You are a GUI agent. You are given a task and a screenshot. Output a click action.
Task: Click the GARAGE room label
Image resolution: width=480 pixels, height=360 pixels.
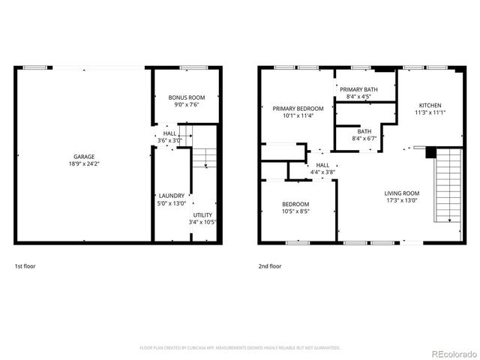84,156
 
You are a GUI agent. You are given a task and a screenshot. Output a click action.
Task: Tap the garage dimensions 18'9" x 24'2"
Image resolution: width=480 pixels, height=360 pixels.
84,163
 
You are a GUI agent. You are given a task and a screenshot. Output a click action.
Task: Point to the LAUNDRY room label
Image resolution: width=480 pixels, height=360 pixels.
171,196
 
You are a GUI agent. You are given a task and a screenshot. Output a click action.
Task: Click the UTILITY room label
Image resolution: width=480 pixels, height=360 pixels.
202,215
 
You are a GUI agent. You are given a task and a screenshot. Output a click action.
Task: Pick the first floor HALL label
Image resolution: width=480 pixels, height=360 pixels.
170,133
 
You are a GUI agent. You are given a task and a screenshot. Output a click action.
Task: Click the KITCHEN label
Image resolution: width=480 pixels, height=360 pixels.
430,106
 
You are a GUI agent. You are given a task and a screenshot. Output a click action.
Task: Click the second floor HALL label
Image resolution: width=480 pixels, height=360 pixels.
322,165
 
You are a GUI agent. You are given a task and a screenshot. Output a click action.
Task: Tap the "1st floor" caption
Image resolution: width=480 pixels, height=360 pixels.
25,266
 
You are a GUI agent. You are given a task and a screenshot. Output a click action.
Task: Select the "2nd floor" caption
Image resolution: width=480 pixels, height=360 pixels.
270,266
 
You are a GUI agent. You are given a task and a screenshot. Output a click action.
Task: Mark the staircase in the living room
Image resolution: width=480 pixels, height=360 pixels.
448,184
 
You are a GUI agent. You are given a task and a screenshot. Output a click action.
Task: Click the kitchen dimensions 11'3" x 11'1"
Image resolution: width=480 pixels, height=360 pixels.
430,112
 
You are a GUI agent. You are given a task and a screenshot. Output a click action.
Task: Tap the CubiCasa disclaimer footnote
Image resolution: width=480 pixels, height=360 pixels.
240,348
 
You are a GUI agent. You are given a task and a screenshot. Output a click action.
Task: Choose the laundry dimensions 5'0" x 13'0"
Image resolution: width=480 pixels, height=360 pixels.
171,202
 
